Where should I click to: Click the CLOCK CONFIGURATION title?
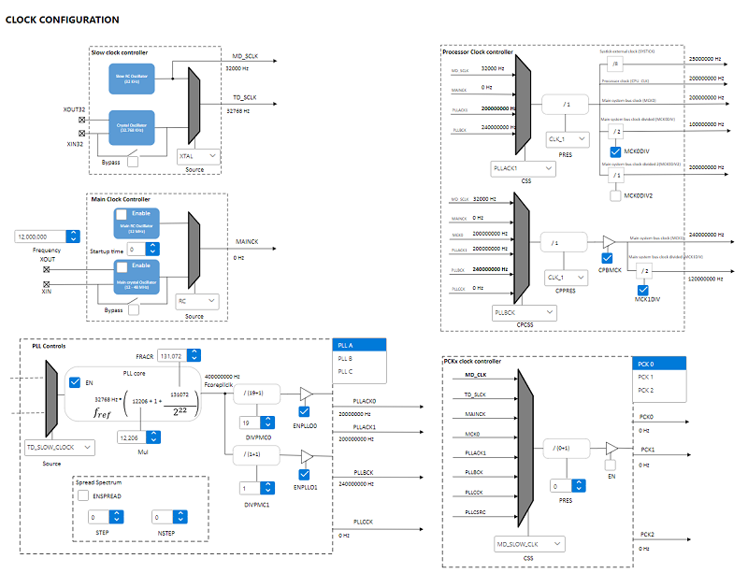63,20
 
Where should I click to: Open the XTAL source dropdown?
199,156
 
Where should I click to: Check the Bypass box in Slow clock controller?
134,162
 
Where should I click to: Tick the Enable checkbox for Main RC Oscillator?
108,215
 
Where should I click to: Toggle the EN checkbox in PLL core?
75,383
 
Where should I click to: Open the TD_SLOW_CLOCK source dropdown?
59,448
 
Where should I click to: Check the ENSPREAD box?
83,494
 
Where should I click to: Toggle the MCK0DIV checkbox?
614,150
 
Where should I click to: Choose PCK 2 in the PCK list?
645,390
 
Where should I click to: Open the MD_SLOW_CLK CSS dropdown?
530,542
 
